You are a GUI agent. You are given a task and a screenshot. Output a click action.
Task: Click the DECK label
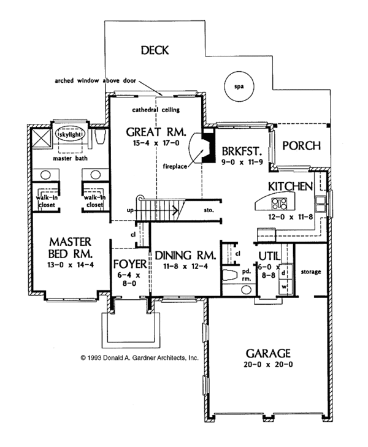(x=155, y=50)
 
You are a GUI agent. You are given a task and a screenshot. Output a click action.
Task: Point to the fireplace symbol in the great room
(x=197, y=148)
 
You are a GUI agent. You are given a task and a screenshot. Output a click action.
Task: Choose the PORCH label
(x=302, y=145)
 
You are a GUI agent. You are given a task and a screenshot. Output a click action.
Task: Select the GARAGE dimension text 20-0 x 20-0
(x=267, y=365)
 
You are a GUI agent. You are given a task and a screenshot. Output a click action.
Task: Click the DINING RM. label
(x=184, y=255)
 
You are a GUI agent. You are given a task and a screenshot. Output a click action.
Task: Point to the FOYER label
(x=130, y=265)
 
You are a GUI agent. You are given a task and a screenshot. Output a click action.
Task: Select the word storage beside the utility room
(x=311, y=271)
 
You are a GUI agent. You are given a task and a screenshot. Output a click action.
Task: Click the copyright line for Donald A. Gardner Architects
(x=139, y=356)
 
